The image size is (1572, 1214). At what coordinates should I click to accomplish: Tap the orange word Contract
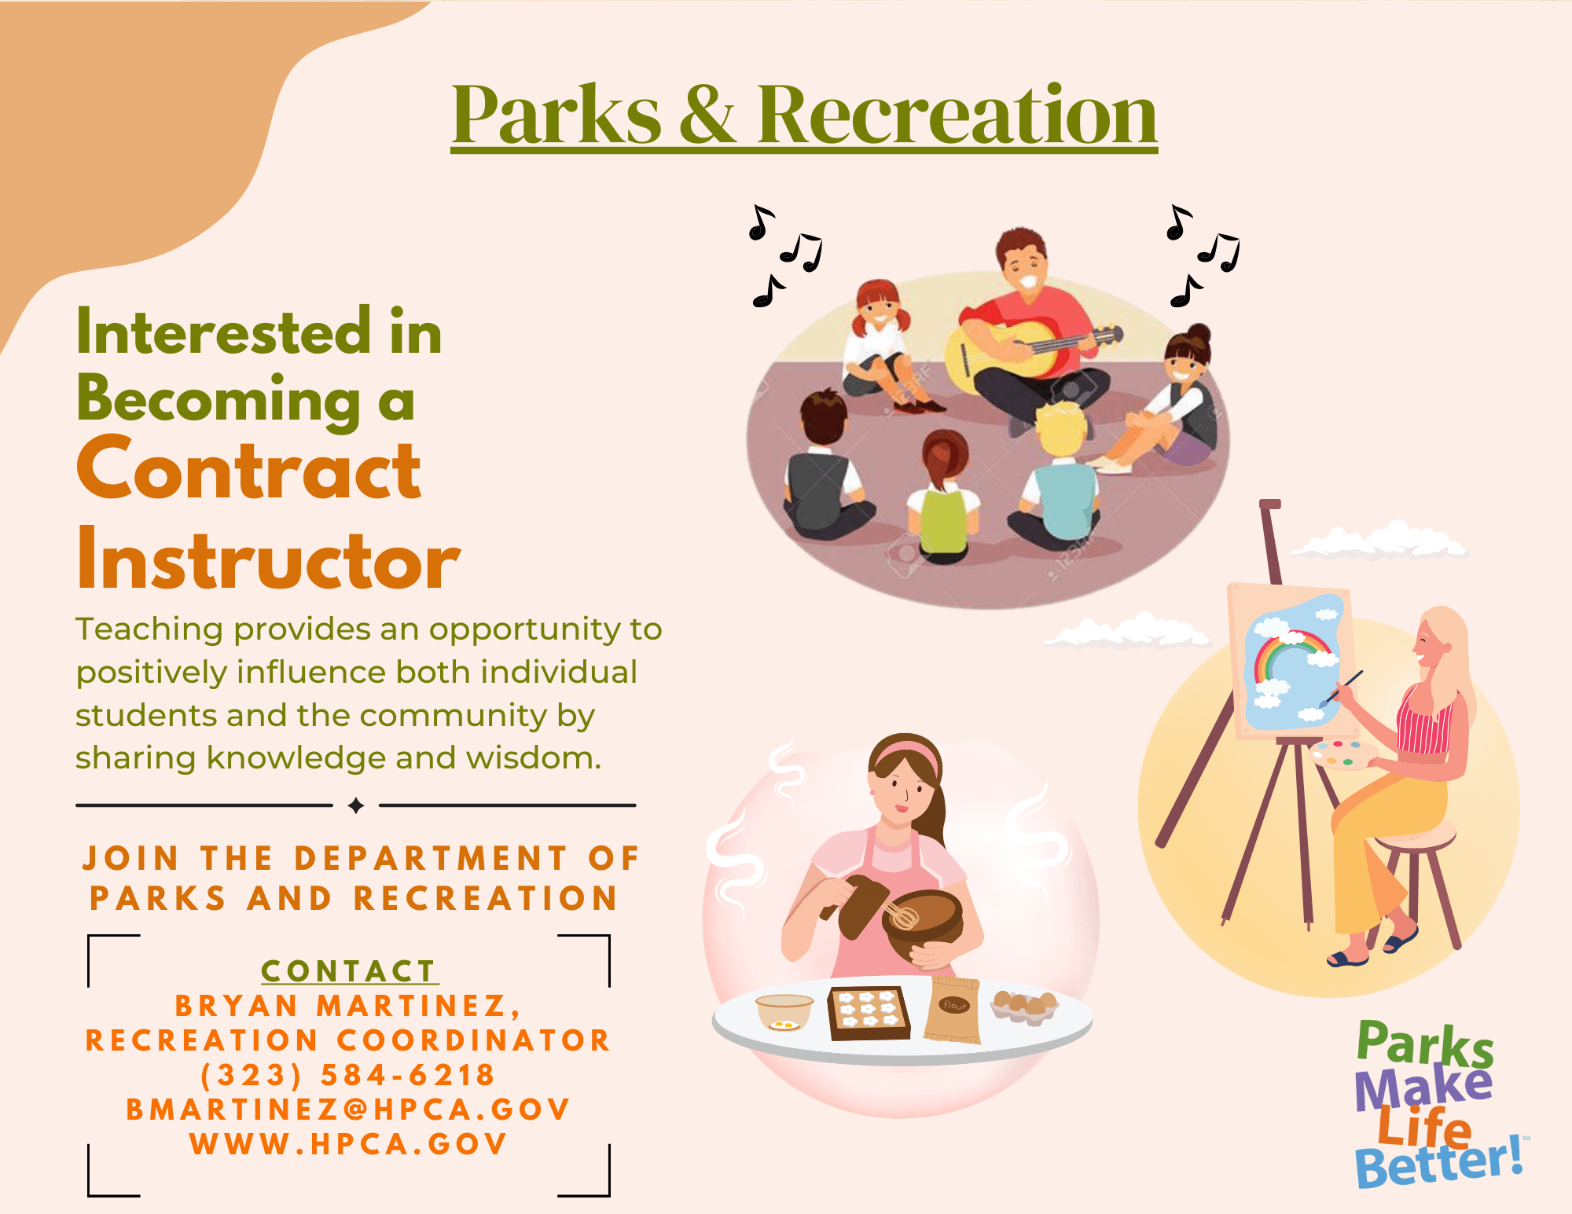249,469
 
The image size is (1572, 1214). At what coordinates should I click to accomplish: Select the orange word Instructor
269,558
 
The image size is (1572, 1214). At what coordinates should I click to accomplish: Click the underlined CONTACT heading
348,971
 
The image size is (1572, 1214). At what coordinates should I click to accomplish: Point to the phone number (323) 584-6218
348,1075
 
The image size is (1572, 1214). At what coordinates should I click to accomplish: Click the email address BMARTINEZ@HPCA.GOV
348,1109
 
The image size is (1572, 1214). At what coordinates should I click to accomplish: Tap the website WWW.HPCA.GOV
348,1144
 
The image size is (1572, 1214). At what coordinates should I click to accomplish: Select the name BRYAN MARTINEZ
340,1006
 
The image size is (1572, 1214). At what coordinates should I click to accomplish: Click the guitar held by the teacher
1022,350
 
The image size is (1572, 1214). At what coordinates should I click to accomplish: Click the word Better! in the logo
1438,1163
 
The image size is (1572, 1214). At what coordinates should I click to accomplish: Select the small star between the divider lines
356,805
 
